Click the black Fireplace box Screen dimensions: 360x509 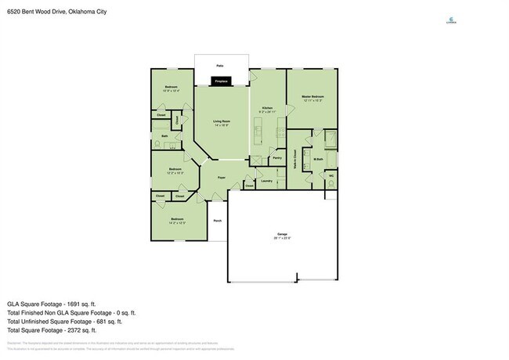[x=221, y=80]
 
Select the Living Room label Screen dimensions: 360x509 [x=221, y=122]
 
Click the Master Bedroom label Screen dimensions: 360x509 [x=313, y=98]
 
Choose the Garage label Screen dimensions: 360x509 [x=282, y=235]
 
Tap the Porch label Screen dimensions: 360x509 [x=218, y=221]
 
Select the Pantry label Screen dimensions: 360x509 [x=276, y=157]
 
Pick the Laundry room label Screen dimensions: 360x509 [x=266, y=181]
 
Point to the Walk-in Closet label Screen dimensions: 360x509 [x=294, y=160]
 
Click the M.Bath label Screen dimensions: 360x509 [x=318, y=161]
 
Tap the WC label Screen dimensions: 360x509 [x=331, y=176]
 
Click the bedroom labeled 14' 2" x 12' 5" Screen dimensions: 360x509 [x=178, y=220]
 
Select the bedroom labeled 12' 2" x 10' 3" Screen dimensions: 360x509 [x=175, y=170]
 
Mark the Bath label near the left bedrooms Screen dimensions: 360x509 [x=164, y=136]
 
